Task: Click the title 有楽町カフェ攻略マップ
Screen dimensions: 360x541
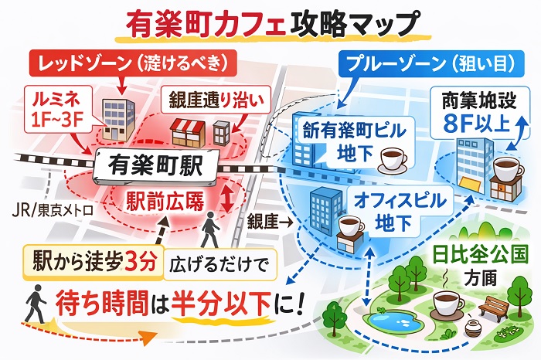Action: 270,22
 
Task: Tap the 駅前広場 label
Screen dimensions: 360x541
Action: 165,202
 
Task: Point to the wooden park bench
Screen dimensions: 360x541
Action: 493,307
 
